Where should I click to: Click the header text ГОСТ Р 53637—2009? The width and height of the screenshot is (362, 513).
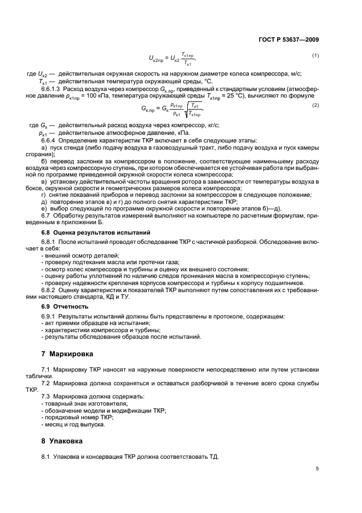click(x=289, y=39)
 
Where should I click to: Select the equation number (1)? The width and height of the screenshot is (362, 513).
click(x=315, y=56)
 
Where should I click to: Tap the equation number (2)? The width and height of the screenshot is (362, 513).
click(x=315, y=105)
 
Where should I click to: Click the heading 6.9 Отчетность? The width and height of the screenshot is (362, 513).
click(x=65, y=306)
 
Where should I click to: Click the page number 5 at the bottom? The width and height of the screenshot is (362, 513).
click(x=317, y=469)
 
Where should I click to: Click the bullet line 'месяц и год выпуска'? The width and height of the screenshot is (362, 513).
click(x=72, y=425)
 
